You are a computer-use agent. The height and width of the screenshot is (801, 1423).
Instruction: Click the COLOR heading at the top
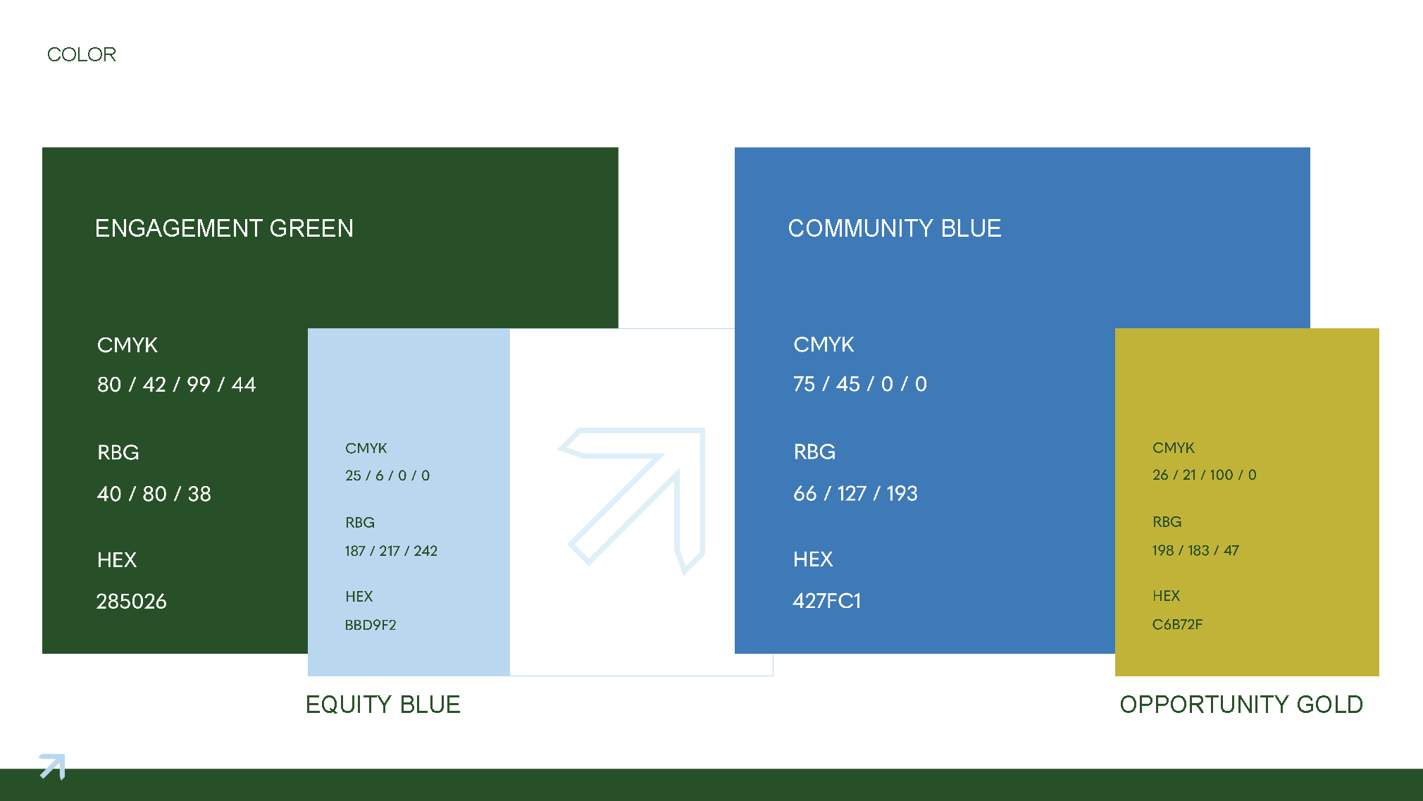pyautogui.click(x=81, y=54)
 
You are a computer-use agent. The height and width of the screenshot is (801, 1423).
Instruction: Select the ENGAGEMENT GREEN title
pyautogui.click(x=224, y=228)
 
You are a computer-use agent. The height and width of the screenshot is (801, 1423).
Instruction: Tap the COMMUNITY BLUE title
pyautogui.click(x=894, y=228)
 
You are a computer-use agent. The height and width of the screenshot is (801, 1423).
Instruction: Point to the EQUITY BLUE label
pyautogui.click(x=383, y=704)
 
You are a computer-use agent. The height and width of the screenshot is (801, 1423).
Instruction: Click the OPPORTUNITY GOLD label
pyautogui.click(x=1241, y=704)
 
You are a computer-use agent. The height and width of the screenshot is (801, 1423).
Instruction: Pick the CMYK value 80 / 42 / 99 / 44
pyautogui.click(x=176, y=385)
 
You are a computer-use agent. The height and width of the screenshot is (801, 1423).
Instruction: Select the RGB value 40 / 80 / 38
pyautogui.click(x=154, y=494)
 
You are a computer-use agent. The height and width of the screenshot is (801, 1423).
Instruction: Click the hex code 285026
pyautogui.click(x=131, y=602)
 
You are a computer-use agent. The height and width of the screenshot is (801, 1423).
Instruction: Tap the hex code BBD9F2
pyautogui.click(x=371, y=625)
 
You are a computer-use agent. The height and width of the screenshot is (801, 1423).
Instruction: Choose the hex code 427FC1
pyautogui.click(x=826, y=601)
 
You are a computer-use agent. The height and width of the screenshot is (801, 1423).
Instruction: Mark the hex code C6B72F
pyautogui.click(x=1177, y=624)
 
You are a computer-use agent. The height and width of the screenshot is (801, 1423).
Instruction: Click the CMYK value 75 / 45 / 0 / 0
pyautogui.click(x=859, y=384)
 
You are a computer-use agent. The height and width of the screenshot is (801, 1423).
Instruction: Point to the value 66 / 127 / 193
pyautogui.click(x=855, y=493)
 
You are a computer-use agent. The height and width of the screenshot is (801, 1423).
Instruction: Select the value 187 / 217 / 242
pyautogui.click(x=391, y=551)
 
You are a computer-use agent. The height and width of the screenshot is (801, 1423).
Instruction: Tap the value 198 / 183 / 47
pyautogui.click(x=1195, y=550)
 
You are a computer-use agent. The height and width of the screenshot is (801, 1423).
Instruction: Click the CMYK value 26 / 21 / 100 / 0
pyautogui.click(x=1204, y=475)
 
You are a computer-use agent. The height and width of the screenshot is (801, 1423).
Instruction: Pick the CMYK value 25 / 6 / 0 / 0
pyautogui.click(x=387, y=476)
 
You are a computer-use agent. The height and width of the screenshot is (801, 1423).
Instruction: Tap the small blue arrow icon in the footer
pyautogui.click(x=52, y=766)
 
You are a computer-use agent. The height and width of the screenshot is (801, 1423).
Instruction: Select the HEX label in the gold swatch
pyautogui.click(x=1166, y=596)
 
